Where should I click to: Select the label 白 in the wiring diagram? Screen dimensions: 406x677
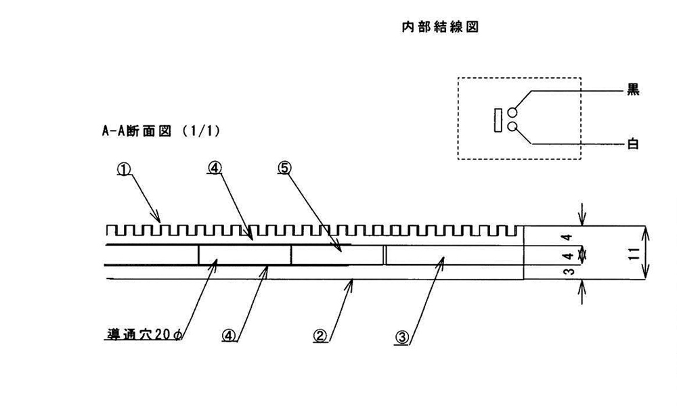[x=634, y=143]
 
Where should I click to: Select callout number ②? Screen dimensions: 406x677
[x=320, y=335]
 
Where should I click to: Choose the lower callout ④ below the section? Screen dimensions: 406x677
[x=229, y=335]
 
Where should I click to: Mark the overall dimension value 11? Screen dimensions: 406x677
[x=631, y=254]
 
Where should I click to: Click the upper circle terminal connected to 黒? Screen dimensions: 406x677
[x=512, y=112]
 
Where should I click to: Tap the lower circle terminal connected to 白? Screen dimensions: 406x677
[x=512, y=126]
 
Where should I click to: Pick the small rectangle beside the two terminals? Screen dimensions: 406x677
[x=498, y=119]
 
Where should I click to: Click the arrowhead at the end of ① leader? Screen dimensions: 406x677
[x=160, y=221]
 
